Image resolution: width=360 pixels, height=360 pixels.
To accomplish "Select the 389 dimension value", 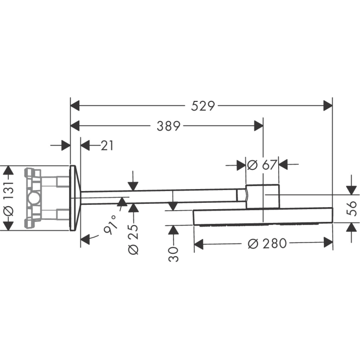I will click(x=168, y=126).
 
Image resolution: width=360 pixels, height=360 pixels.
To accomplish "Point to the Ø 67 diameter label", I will click(x=262, y=165).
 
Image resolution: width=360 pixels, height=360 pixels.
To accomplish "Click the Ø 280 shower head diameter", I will click(x=267, y=243).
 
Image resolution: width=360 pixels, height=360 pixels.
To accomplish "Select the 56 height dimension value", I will click(x=351, y=209).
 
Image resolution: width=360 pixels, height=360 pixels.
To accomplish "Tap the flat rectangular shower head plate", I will click(x=263, y=217).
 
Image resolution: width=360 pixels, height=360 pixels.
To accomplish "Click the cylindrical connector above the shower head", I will click(x=263, y=197).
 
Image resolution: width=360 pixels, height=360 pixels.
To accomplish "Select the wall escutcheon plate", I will click(x=74, y=198).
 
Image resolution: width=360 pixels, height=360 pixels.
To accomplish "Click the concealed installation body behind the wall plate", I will click(x=47, y=198).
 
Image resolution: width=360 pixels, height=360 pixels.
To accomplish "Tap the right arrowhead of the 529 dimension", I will click(x=328, y=105).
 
